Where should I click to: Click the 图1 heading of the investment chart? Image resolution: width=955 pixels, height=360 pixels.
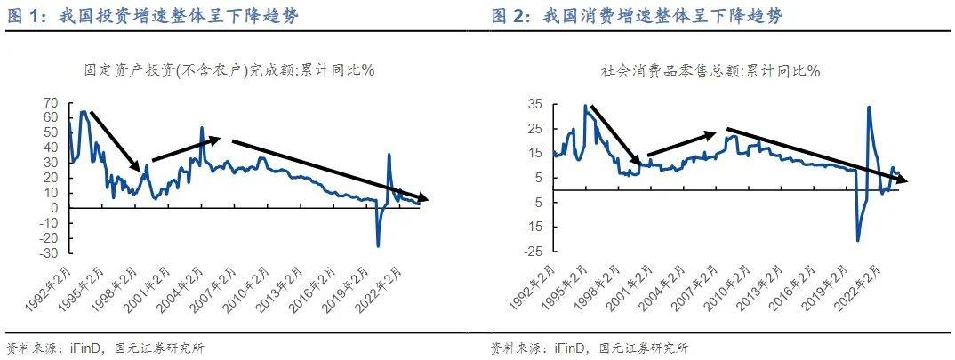pyautogui.click(x=25, y=16)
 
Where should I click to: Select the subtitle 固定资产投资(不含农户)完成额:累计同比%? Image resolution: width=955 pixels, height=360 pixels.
pyautogui.click(x=229, y=69)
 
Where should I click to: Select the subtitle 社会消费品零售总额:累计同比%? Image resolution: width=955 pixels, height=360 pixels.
pyautogui.click(x=710, y=69)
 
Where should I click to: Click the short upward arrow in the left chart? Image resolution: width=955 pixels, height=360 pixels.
pyautogui.click(x=187, y=149)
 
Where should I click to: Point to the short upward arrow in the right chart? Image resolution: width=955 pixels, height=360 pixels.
pyautogui.click(x=681, y=144)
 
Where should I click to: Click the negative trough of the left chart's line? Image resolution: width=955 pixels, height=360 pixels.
pyautogui.click(x=378, y=245)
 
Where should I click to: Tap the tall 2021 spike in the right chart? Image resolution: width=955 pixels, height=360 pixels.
pyautogui.click(x=868, y=108)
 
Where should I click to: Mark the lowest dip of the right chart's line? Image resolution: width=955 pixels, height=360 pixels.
pyautogui.click(x=858, y=240)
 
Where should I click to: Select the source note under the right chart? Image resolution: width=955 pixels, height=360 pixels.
pyautogui.click(x=589, y=348)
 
